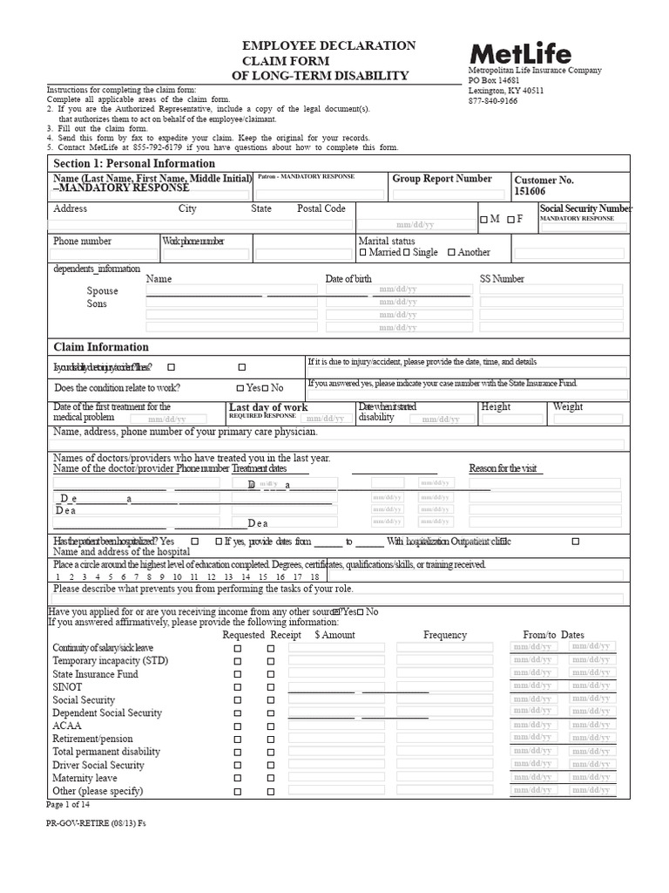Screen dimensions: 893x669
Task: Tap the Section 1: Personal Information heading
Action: pos(134,163)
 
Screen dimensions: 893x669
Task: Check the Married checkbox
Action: pos(363,253)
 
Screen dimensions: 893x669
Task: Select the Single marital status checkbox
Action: pos(408,253)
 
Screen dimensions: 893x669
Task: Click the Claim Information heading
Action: pos(101,346)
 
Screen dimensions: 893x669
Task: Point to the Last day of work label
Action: pos(267,407)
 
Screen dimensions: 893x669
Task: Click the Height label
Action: pos(496,407)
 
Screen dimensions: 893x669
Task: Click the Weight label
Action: pos(568,407)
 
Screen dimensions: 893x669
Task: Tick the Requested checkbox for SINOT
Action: pos(237,687)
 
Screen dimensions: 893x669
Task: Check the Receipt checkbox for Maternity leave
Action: pos(270,779)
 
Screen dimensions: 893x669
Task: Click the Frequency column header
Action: pos(445,635)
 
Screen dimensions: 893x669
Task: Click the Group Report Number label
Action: pos(442,179)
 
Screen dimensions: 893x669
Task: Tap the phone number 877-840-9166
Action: pos(492,100)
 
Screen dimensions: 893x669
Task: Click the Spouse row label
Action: pos(102,290)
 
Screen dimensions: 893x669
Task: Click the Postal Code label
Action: pos(321,209)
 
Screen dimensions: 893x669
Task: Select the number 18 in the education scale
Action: pos(314,577)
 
